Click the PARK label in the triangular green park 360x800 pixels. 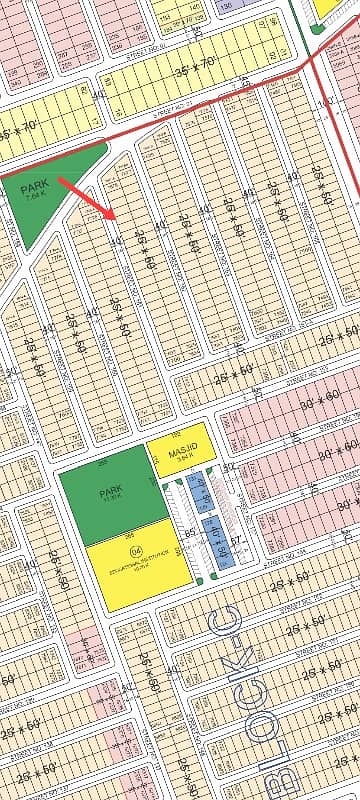click(34, 186)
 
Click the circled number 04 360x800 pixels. click(136, 551)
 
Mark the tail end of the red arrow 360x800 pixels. click(58, 178)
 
